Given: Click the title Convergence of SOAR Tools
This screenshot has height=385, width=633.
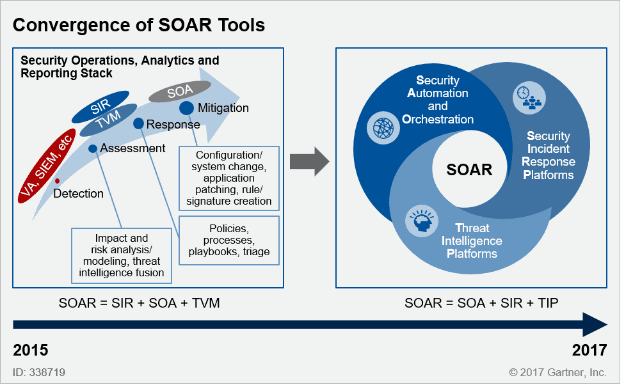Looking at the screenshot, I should [x=139, y=26].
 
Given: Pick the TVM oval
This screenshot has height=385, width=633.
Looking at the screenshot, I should [x=109, y=120].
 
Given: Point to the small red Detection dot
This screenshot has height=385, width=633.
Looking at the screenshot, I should [x=58, y=181].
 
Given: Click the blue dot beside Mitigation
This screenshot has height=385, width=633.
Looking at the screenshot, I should [x=186, y=108].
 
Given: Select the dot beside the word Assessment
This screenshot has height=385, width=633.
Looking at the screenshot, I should [x=93, y=148].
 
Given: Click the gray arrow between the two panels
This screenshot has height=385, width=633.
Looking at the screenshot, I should [x=308, y=163].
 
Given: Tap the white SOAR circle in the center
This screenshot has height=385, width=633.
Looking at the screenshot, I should [x=470, y=169].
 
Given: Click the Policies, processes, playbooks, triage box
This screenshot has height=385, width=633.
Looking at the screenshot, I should [x=229, y=240].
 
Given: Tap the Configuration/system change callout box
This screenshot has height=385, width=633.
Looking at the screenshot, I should [x=228, y=178].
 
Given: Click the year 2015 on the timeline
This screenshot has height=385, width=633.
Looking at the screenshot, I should [x=31, y=350].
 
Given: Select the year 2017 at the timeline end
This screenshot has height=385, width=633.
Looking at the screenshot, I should [x=589, y=350].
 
